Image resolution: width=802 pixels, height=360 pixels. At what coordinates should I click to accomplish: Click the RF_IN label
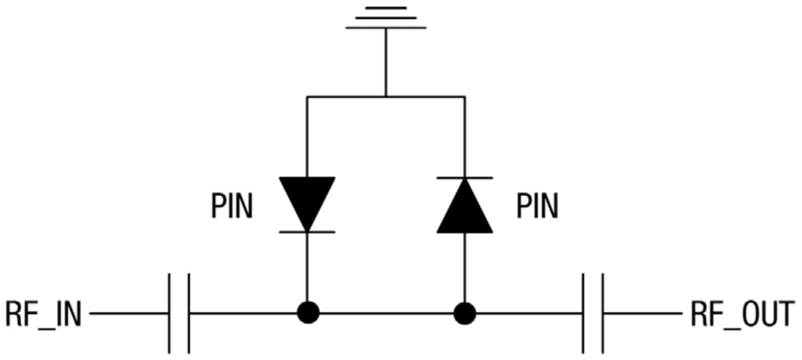click(44, 314)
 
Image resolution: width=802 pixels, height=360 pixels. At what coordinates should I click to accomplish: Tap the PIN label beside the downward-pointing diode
click(232, 207)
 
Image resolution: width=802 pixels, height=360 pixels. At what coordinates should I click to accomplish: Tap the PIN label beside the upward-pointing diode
click(537, 207)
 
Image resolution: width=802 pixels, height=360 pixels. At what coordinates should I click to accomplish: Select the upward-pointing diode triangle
click(464, 207)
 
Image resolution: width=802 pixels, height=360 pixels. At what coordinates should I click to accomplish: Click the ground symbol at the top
click(386, 17)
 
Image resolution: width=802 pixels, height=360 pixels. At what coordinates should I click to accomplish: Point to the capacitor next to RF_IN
click(179, 314)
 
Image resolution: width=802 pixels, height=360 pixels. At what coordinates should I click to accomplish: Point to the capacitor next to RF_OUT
click(593, 314)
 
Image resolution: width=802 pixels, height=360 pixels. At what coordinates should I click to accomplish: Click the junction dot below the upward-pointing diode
click(464, 314)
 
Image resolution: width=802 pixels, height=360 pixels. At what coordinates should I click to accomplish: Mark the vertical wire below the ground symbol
click(386, 62)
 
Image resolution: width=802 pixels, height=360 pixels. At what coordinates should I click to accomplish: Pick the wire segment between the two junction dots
click(386, 314)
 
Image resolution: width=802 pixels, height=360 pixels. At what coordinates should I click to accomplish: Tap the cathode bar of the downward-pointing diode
click(307, 232)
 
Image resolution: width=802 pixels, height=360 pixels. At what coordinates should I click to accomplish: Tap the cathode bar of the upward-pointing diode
click(464, 178)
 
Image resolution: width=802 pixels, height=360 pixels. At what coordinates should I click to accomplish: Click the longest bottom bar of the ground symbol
click(386, 28)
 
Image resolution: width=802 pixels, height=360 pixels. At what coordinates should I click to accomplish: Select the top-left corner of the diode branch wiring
click(307, 96)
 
